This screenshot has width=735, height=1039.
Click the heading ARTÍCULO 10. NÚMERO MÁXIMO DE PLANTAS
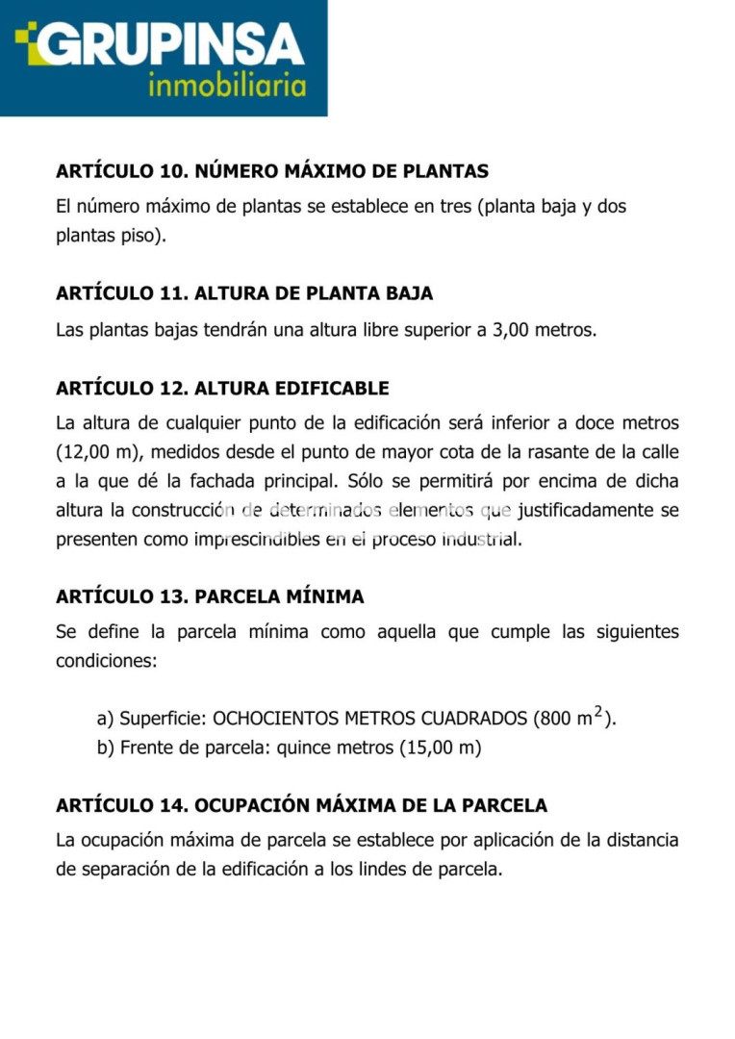[x=272, y=171]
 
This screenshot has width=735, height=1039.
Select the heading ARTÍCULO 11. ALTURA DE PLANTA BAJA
[x=244, y=293]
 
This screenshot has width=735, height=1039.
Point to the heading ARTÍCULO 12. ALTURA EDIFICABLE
[x=222, y=389]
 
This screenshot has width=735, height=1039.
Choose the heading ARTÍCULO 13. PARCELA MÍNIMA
[x=210, y=596]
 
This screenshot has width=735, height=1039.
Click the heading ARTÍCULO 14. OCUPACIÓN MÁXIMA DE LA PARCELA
[x=301, y=805]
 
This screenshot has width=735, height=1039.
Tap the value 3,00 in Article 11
[x=513, y=330]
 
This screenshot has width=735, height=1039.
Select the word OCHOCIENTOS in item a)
[x=275, y=719]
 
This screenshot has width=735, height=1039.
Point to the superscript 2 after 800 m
[x=598, y=712]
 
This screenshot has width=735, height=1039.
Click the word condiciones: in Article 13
[x=105, y=661]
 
